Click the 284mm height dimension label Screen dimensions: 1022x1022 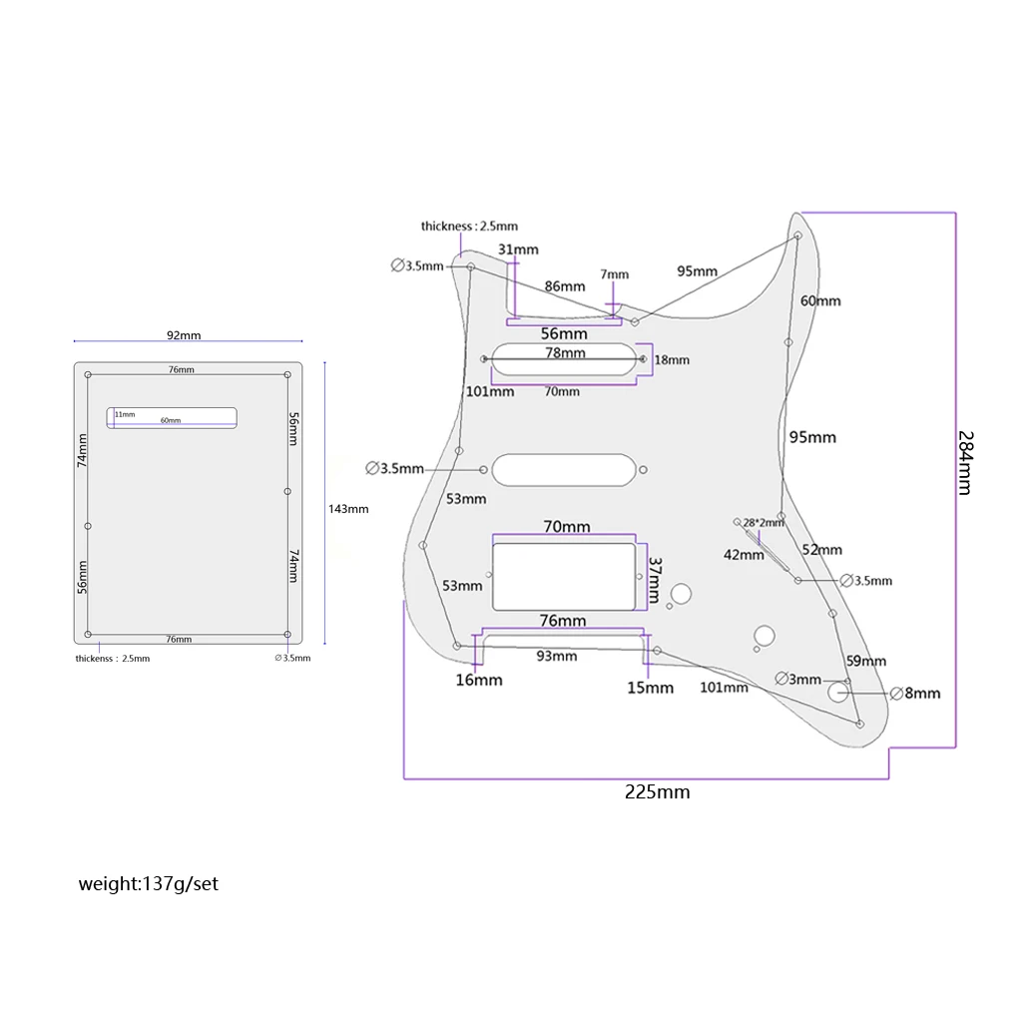964,462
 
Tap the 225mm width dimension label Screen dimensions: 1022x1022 658,792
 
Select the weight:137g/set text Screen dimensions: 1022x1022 149,883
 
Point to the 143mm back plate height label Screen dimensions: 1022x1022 348,509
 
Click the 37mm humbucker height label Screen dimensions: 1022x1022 655,579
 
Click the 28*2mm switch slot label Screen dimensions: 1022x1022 765,522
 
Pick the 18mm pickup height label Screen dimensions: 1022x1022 672,359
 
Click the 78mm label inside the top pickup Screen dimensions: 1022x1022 565,353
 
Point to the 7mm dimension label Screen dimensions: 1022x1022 615,274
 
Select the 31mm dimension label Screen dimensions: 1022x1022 518,249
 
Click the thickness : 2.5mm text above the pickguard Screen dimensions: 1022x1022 469,227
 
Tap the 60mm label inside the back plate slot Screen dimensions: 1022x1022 171,420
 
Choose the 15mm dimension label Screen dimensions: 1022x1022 650,688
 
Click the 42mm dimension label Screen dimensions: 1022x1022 744,555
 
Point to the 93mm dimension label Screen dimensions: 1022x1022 556,656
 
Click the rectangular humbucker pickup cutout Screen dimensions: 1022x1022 564,577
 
